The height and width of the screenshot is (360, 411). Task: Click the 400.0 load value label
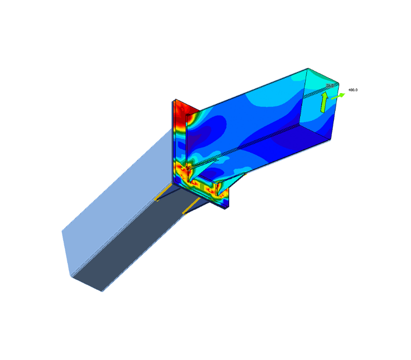(353, 90)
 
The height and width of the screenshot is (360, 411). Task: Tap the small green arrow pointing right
(338, 96)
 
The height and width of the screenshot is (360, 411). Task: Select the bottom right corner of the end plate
(227, 208)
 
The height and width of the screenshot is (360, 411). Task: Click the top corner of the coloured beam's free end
(308, 68)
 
